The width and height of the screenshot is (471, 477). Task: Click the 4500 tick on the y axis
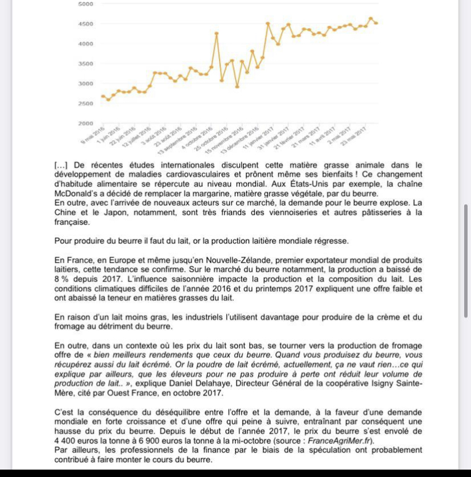click(85, 24)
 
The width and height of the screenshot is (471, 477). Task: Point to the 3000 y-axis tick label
click(85, 84)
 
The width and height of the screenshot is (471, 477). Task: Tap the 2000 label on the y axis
click(85, 124)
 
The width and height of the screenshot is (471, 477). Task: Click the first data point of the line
click(102, 96)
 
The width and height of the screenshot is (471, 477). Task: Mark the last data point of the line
click(377, 23)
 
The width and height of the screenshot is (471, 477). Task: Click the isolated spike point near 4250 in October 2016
click(217, 33)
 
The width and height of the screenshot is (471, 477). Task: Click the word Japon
click(122, 213)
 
